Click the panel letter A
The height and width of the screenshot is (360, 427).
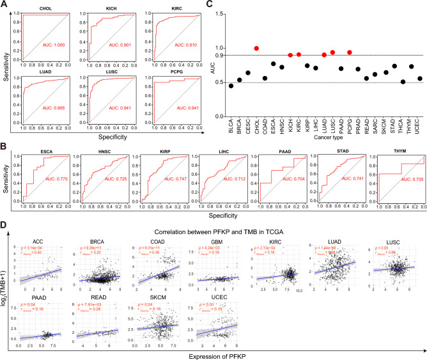pyautogui.click(x=5, y=5)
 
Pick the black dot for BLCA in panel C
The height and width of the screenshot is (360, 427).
pyautogui.click(x=231, y=86)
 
